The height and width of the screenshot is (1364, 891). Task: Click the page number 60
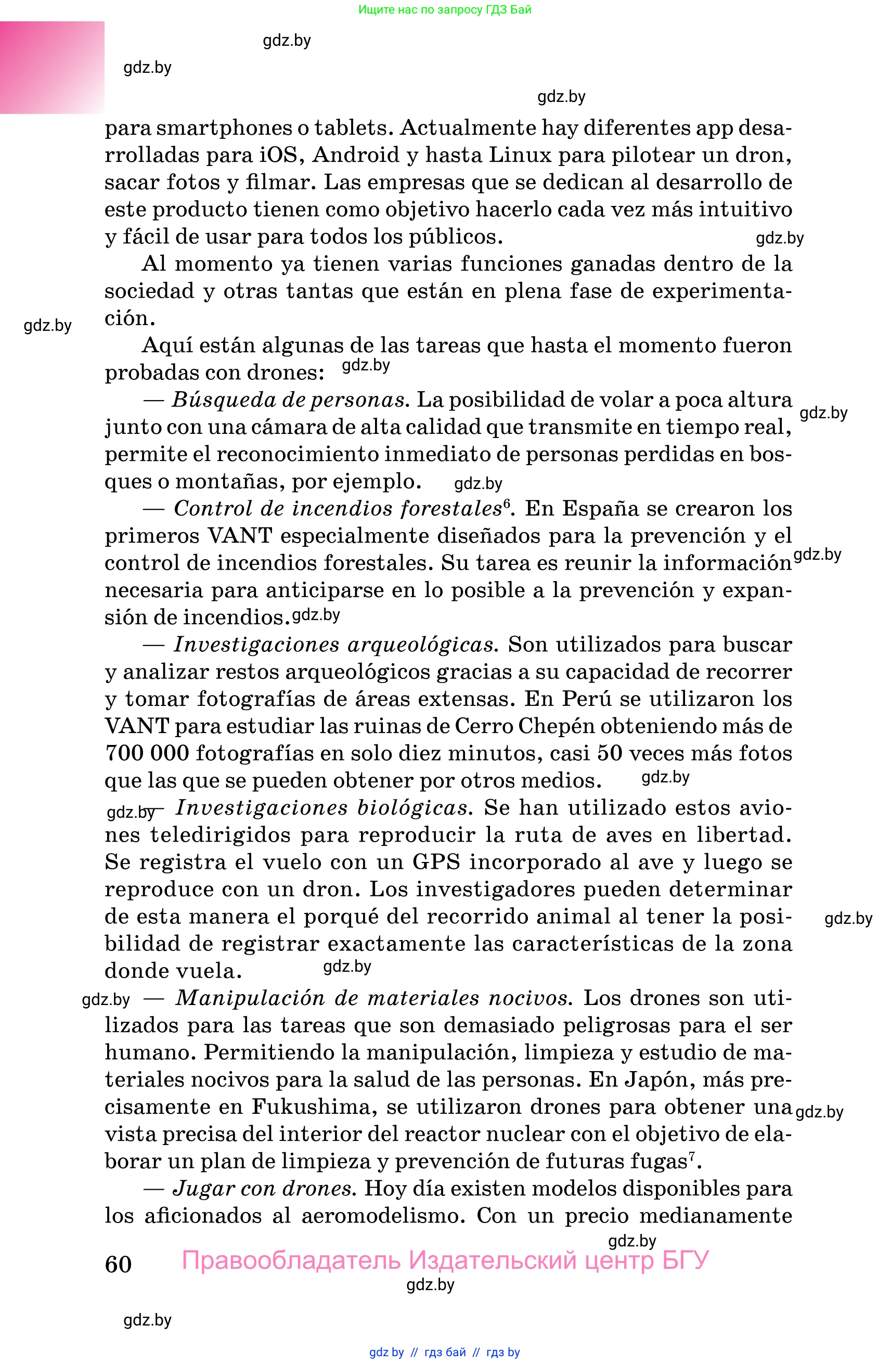pyautogui.click(x=118, y=1264)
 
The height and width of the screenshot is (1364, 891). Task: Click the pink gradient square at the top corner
pyautogui.click(x=51, y=67)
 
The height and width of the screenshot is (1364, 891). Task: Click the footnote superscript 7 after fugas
pyautogui.click(x=692, y=1156)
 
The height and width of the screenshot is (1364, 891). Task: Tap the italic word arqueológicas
pyautogui.click(x=422, y=645)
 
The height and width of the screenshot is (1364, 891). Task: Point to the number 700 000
pyautogui.click(x=147, y=753)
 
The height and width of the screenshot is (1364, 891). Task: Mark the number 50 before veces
pyautogui.click(x=610, y=753)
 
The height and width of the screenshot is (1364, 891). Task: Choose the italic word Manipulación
pyautogui.click(x=250, y=998)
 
